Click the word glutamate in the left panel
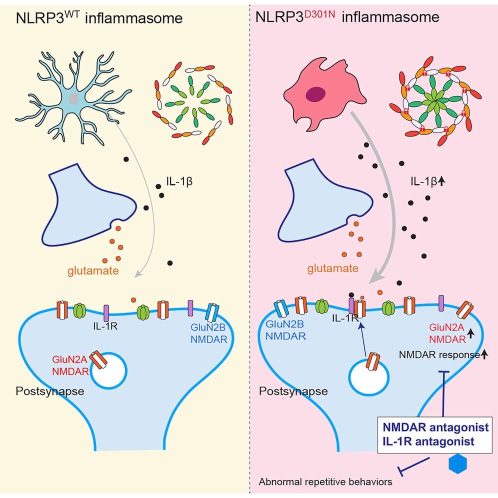[x=93, y=271]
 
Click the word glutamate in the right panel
[x=333, y=268]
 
